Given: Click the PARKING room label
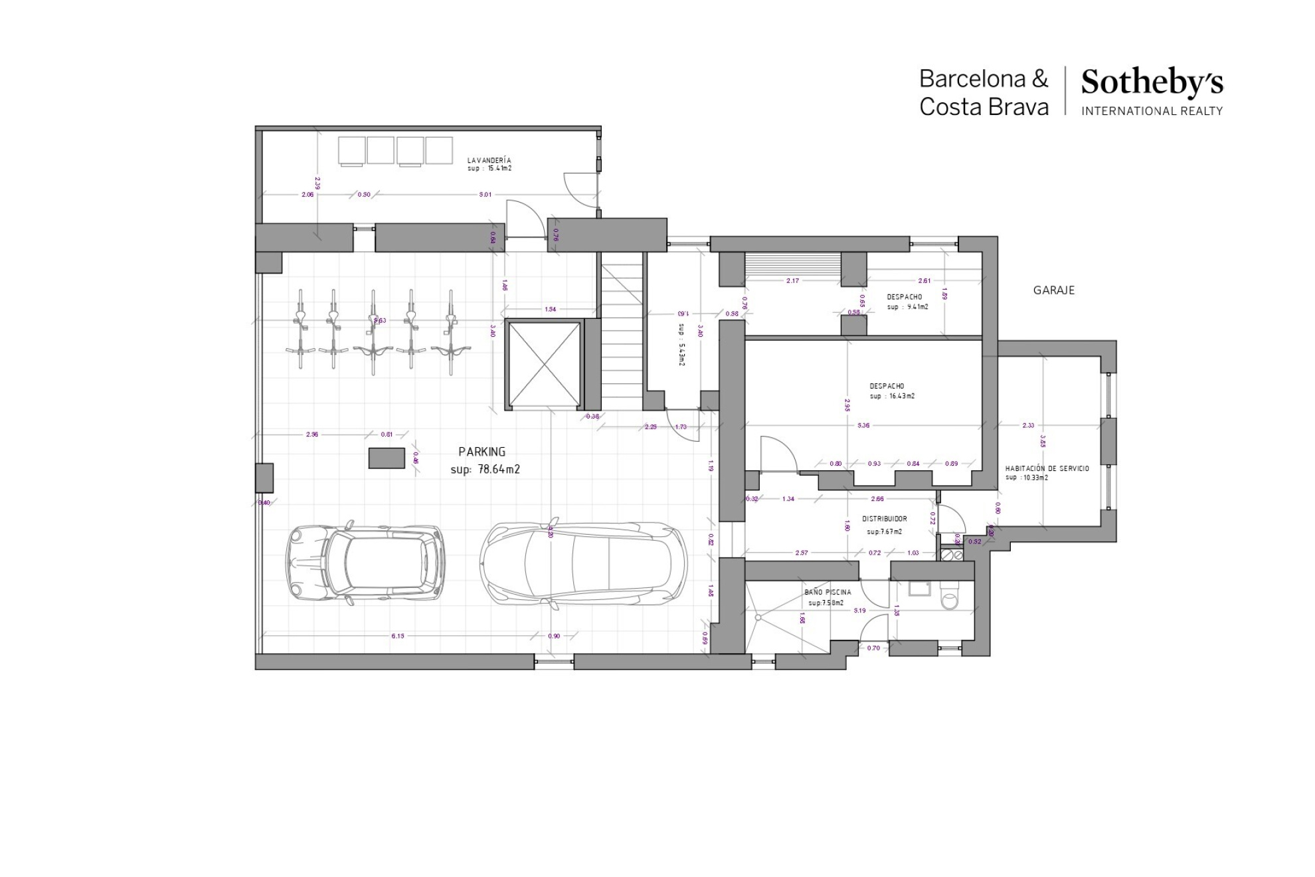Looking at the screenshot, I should tap(482, 452).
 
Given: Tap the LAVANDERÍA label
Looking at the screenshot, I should tap(489, 160).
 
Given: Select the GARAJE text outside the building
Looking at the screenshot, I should tap(1053, 290).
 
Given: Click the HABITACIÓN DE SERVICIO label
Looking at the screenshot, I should tap(1047, 468).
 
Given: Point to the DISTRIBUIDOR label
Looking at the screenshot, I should tap(884, 519).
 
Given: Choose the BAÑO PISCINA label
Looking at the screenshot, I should tap(827, 592).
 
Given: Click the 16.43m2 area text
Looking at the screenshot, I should tap(901, 396).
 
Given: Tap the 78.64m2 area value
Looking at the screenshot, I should tap(499, 469).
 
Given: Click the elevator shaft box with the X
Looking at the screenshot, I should tap(544, 363).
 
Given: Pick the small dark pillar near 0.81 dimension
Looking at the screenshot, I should tap(387, 458).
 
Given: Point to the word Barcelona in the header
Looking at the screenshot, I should tap(972, 79).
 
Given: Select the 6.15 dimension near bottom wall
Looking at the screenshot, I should tap(397, 636).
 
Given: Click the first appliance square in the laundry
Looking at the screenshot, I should tap(351, 150).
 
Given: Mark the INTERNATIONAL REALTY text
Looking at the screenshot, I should tap(1151, 111).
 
